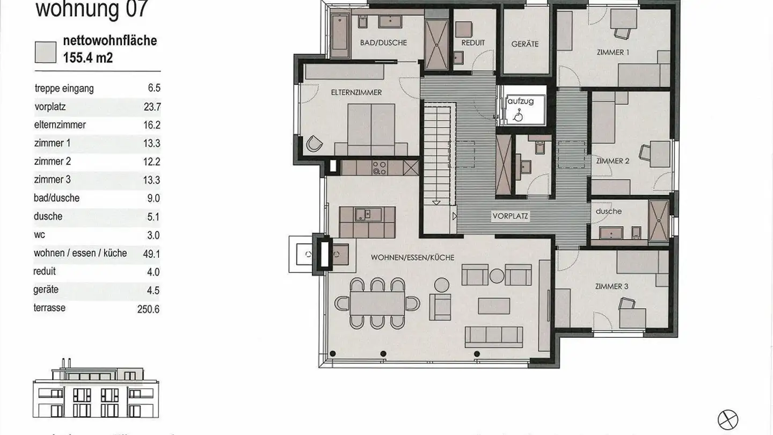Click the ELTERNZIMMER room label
coord(356,92)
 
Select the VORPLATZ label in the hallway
coord(511,216)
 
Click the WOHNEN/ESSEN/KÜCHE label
coord(412,258)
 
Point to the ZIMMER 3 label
coord(611,286)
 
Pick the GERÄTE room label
coord(524,44)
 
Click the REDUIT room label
coord(473,42)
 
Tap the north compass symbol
coord(728,419)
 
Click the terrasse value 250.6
coord(149,309)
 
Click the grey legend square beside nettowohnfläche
coord(46,52)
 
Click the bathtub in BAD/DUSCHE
coord(340,35)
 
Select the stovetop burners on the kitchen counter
coord(380,168)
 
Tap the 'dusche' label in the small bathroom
coord(608,211)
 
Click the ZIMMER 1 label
coord(612,52)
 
